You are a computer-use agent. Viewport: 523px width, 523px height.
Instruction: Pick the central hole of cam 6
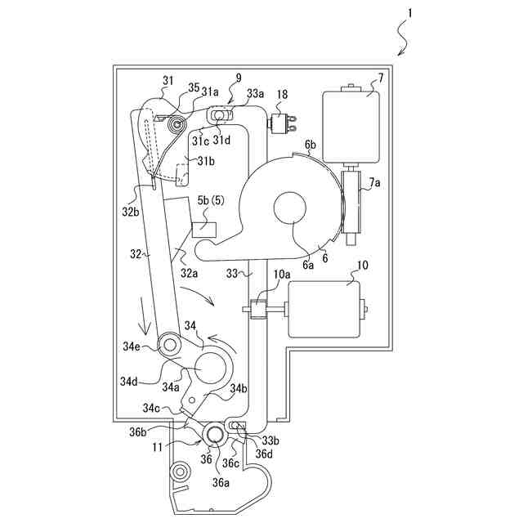(x=291, y=207)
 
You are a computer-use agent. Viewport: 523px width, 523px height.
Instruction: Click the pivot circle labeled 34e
(x=171, y=345)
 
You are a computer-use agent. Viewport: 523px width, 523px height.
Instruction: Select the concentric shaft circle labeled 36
(x=215, y=436)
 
